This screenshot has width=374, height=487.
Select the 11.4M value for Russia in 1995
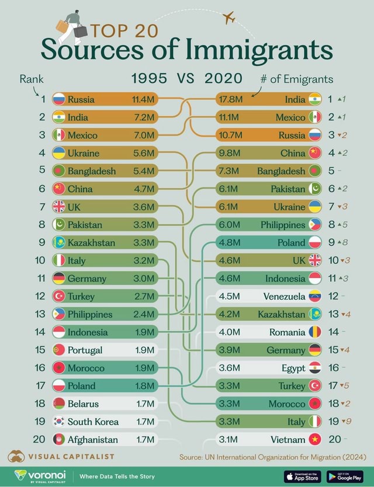143,99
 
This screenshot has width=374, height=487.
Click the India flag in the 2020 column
315,99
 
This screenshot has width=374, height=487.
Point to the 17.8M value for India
230,99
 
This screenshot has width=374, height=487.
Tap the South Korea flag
58,421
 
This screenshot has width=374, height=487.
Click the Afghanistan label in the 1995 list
92,439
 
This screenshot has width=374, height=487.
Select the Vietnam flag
315,439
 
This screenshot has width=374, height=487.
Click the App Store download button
302,476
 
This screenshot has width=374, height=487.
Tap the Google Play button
345,476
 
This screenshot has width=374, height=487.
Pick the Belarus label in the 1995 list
82,403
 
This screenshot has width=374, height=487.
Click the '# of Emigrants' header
302,79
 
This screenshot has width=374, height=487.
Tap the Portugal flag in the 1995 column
58,350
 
